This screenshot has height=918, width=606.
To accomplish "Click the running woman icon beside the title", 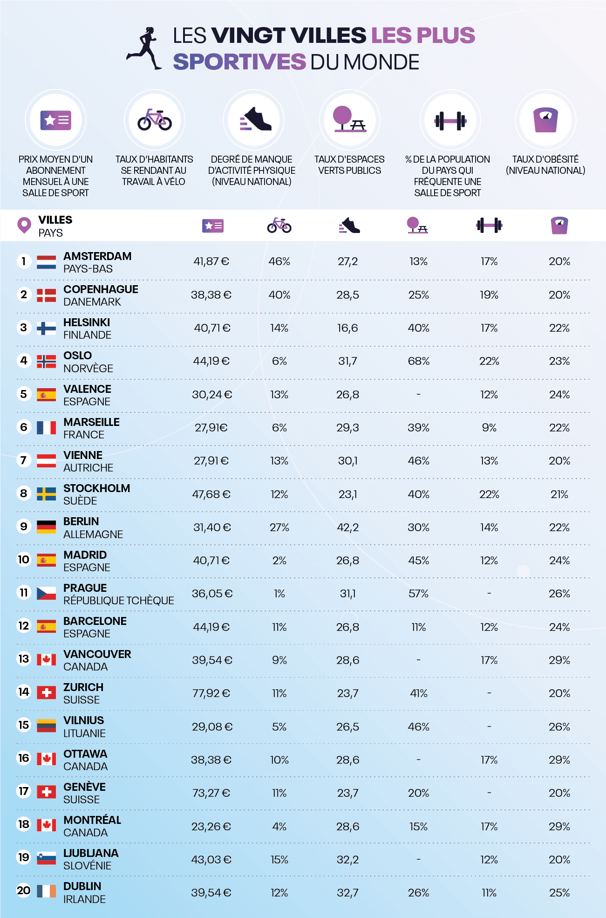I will pos(144,48).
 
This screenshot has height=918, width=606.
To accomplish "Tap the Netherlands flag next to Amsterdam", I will pos(46,262).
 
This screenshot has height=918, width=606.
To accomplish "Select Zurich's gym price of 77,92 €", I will pos(211,693).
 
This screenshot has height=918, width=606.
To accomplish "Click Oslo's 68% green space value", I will pos(418,361).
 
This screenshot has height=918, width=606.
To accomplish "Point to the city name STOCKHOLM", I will pos(97,488).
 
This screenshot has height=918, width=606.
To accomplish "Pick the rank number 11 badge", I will pos(24,593).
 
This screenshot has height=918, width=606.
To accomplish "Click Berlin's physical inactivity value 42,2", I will pos(347,528).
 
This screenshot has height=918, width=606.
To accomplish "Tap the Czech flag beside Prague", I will pos(46,594).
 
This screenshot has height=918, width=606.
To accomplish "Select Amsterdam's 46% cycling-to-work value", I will pos(279,261).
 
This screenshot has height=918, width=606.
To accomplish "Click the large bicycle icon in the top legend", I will pos(155,120).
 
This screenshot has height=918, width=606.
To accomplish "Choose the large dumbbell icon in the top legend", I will pos(450,121).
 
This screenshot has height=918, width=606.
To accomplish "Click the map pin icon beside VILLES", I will pos(24,225).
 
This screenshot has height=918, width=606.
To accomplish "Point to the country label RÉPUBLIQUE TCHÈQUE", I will pos(119,601).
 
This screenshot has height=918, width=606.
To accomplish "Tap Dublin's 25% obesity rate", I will pos(559,893).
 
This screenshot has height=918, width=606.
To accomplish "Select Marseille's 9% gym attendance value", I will pos(489,428).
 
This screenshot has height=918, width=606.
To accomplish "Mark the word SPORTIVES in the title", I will pos(239,62).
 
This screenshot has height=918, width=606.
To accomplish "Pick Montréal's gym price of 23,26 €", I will pos(211,827).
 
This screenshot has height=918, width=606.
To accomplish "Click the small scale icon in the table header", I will pos(559,226).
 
